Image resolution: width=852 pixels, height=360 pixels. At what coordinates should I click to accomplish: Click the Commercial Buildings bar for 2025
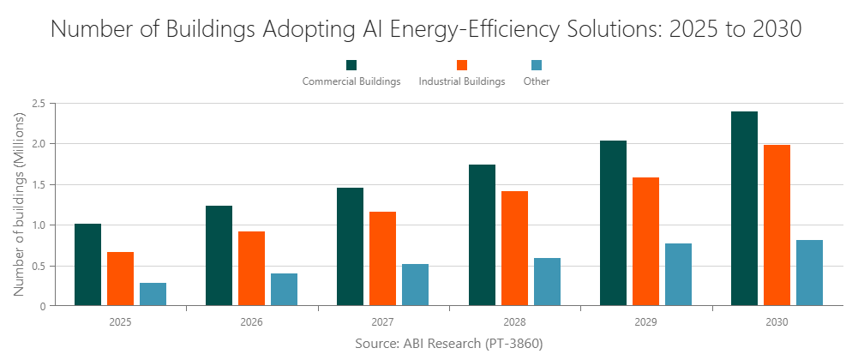click(87, 265)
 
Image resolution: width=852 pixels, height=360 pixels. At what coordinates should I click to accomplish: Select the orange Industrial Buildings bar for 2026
click(251, 268)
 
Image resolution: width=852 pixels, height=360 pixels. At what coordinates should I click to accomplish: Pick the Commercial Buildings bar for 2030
click(744, 208)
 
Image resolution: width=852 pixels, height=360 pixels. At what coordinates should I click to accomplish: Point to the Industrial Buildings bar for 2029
click(645, 241)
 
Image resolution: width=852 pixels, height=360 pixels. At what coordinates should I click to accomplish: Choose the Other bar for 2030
click(809, 273)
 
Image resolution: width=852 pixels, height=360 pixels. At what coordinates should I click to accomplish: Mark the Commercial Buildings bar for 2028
click(482, 235)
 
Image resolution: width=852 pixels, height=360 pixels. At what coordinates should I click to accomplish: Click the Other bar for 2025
click(153, 294)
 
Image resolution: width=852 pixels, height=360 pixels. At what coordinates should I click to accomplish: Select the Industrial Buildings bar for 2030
click(777, 225)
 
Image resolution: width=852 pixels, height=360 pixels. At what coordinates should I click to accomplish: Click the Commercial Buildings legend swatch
click(351, 65)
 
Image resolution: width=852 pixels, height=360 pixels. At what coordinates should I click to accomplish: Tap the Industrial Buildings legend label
click(462, 81)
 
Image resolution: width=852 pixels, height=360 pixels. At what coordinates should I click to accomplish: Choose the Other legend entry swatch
click(537, 65)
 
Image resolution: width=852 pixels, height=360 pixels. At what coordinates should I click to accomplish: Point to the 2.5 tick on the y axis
click(38, 104)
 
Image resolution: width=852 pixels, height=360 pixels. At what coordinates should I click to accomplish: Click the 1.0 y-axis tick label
click(38, 225)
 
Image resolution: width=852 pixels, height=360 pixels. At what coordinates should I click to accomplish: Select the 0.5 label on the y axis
click(38, 266)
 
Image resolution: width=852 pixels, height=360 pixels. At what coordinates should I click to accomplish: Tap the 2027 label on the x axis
click(383, 322)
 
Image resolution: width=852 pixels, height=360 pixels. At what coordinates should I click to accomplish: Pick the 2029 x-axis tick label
click(645, 322)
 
